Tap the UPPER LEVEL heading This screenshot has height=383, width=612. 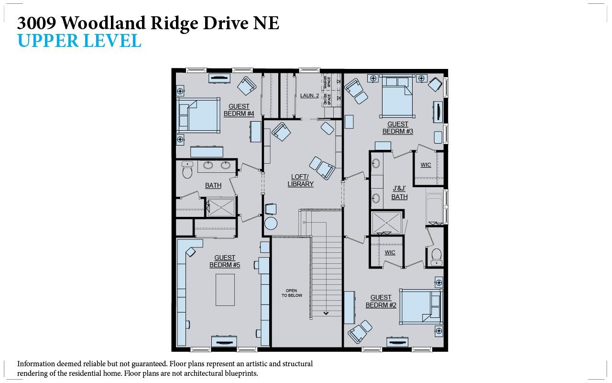tap(79, 41)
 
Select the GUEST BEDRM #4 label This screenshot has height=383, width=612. tap(239, 110)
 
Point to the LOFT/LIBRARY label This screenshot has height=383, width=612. tap(301, 180)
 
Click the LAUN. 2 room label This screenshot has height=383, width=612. tap(309, 96)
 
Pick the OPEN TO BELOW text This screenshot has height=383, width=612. tap(291, 293)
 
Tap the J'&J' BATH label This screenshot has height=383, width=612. tap(399, 193)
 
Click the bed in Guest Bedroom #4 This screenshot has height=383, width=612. tap(198, 115)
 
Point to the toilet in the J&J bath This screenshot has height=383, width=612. tap(436, 256)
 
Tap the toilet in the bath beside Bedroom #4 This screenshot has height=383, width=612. tap(187, 170)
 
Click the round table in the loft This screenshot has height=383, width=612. tap(271, 224)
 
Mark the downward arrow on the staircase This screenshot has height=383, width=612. tap(326, 313)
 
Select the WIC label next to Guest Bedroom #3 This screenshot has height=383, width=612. tap(426, 165)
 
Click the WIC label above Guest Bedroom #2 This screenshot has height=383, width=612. tap(390, 252)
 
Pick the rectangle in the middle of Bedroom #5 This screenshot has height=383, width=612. tap(225, 290)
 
